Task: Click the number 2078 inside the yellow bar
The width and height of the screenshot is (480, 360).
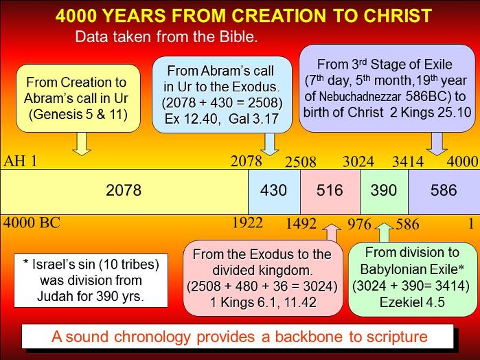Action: (124, 190)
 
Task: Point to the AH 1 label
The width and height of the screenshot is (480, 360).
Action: (20, 161)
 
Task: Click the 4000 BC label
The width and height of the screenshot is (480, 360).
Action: (32, 223)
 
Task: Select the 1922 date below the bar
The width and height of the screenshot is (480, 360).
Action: (248, 223)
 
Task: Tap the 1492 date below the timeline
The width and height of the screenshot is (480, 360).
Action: (301, 224)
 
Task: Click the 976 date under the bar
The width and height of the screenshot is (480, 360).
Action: (359, 224)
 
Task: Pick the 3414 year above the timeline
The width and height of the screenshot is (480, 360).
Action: (408, 161)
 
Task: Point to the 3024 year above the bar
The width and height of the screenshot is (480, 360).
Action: (358, 161)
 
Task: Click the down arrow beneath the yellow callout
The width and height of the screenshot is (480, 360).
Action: (82, 144)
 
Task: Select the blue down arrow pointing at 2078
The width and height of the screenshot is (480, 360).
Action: (269, 144)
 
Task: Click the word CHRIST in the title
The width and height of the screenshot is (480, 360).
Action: (398, 16)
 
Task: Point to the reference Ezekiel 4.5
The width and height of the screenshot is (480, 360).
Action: (412, 302)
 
